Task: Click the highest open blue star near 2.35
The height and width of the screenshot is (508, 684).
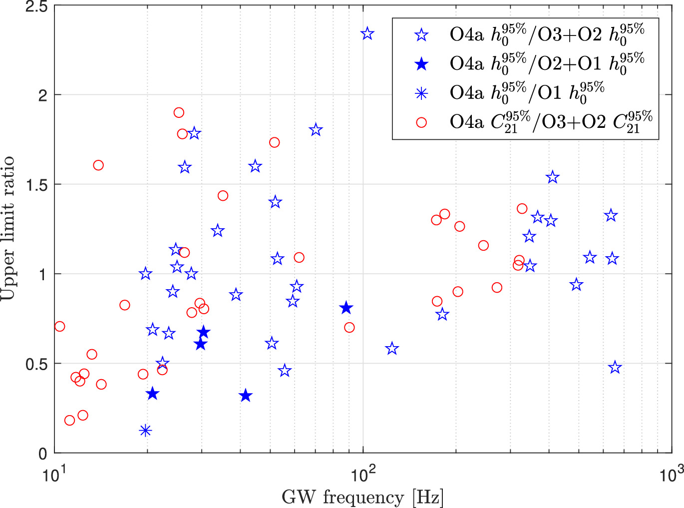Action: point(367,34)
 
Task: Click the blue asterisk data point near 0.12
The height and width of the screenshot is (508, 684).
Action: point(145,430)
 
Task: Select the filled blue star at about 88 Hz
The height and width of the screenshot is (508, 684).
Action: point(346,308)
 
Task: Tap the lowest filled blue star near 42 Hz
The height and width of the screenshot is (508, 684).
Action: point(245,396)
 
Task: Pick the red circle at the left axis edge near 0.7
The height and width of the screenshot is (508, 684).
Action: point(59,327)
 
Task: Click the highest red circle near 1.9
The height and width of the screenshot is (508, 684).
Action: point(179,112)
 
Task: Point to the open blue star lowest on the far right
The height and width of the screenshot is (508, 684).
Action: point(615,368)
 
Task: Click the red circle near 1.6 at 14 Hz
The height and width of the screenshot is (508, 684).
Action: point(98,165)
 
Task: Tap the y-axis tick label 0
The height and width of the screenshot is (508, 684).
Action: point(43,453)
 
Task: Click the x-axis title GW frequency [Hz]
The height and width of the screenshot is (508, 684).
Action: point(362,498)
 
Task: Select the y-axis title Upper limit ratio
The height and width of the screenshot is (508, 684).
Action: point(8,228)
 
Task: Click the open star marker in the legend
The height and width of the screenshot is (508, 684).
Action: point(422,35)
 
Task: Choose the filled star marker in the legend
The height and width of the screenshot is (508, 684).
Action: point(422,64)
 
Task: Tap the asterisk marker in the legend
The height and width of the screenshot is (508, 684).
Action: point(422,93)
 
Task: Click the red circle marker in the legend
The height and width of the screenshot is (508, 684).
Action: point(422,122)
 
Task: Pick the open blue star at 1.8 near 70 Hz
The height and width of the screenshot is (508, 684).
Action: point(316,130)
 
